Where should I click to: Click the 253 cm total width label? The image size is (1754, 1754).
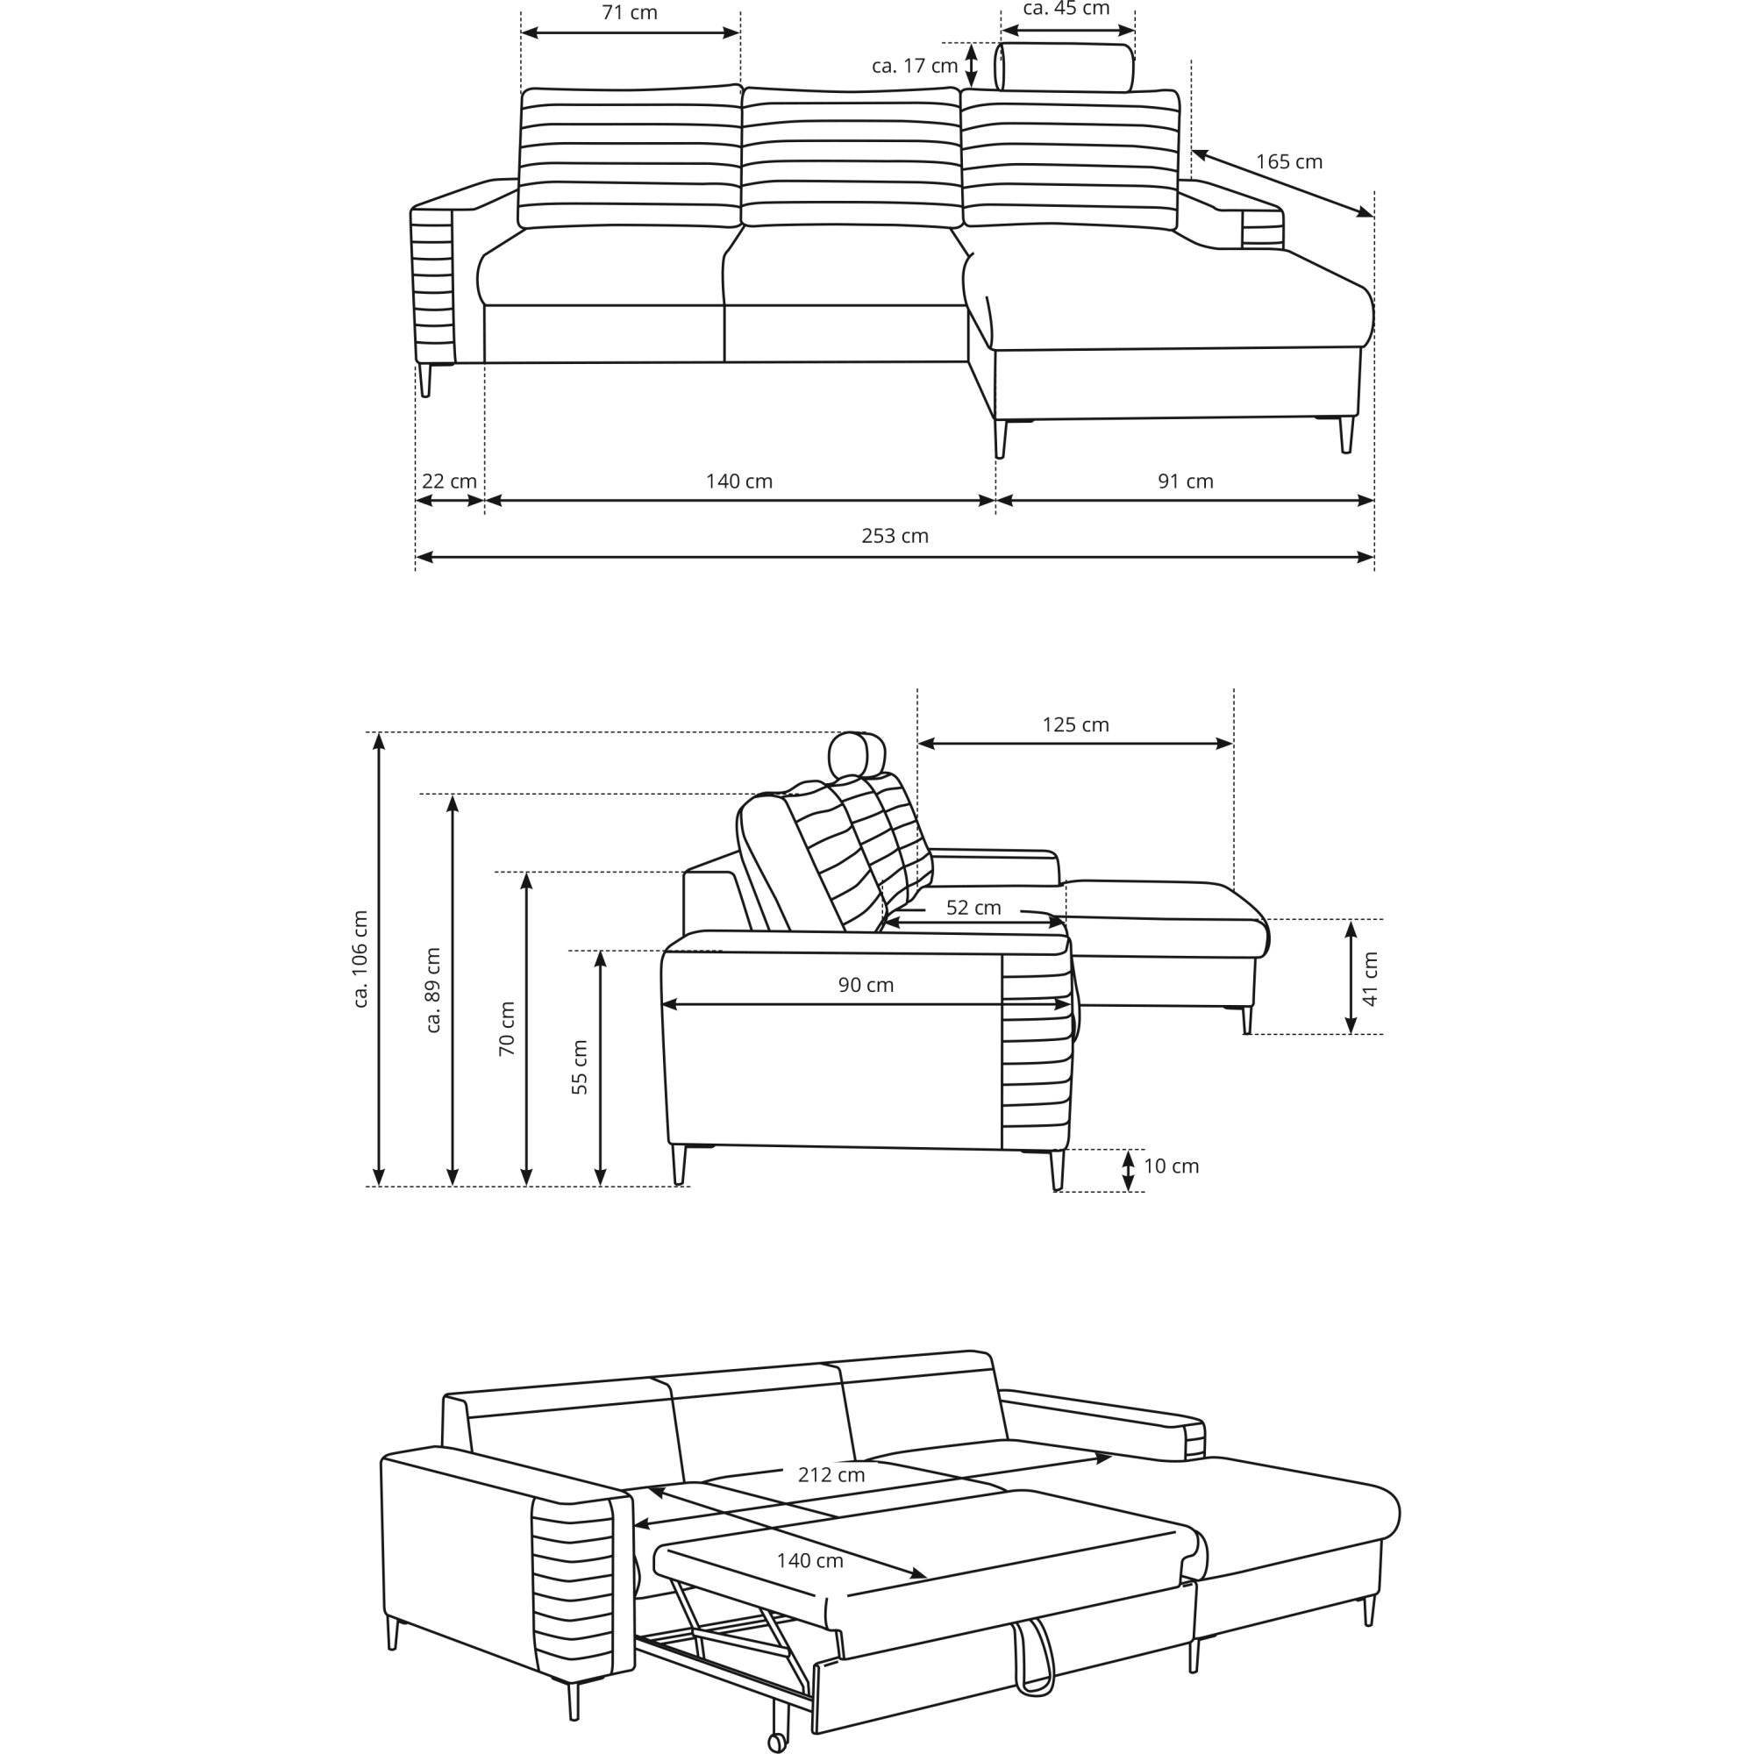pos(895,537)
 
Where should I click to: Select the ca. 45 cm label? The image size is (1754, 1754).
pos(1066,9)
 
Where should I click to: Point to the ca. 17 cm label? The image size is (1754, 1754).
pos(914,67)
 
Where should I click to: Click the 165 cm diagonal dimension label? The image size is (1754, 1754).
pos(1288,162)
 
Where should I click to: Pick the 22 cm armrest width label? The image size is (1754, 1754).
pos(448,482)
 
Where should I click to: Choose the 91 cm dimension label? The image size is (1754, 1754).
pos(1185,482)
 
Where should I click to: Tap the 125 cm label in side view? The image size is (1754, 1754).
pos(1075,725)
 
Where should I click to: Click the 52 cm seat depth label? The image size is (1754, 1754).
pos(973,908)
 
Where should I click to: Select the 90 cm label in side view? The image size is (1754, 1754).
pos(866,985)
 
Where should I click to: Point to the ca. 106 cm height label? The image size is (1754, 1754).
pos(360,959)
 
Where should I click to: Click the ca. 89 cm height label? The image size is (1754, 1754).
pos(433,990)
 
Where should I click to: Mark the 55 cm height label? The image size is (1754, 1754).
pos(579,1066)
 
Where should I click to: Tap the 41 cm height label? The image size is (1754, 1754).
pos(1371,980)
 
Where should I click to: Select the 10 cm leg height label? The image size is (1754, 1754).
pos(1171,1166)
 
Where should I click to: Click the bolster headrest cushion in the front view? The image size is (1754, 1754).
pos(1065,68)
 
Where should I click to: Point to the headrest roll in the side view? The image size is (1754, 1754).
pos(857,755)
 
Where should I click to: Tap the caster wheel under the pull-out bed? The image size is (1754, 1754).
pos(777,1743)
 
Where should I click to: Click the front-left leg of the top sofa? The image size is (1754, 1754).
pos(424,381)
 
